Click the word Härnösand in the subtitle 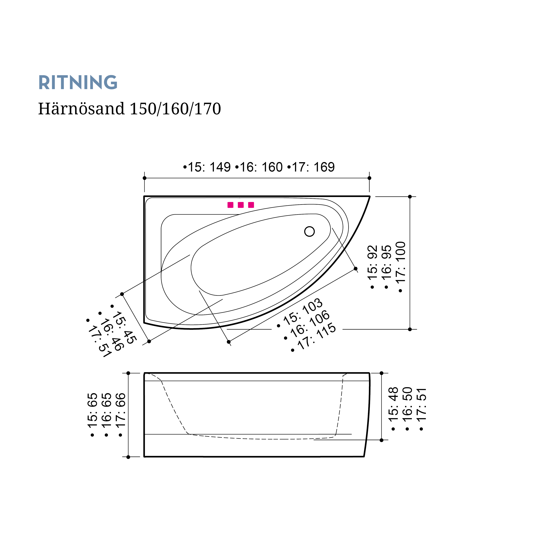[x=81, y=109]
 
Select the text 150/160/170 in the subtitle [x=175, y=109]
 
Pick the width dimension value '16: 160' [x=261, y=167]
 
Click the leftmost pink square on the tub [x=230, y=205]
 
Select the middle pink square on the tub [x=241, y=205]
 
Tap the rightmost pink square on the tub [x=251, y=205]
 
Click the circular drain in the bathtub [x=309, y=231]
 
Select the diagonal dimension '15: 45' [x=124, y=328]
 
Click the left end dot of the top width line [x=144, y=178]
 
